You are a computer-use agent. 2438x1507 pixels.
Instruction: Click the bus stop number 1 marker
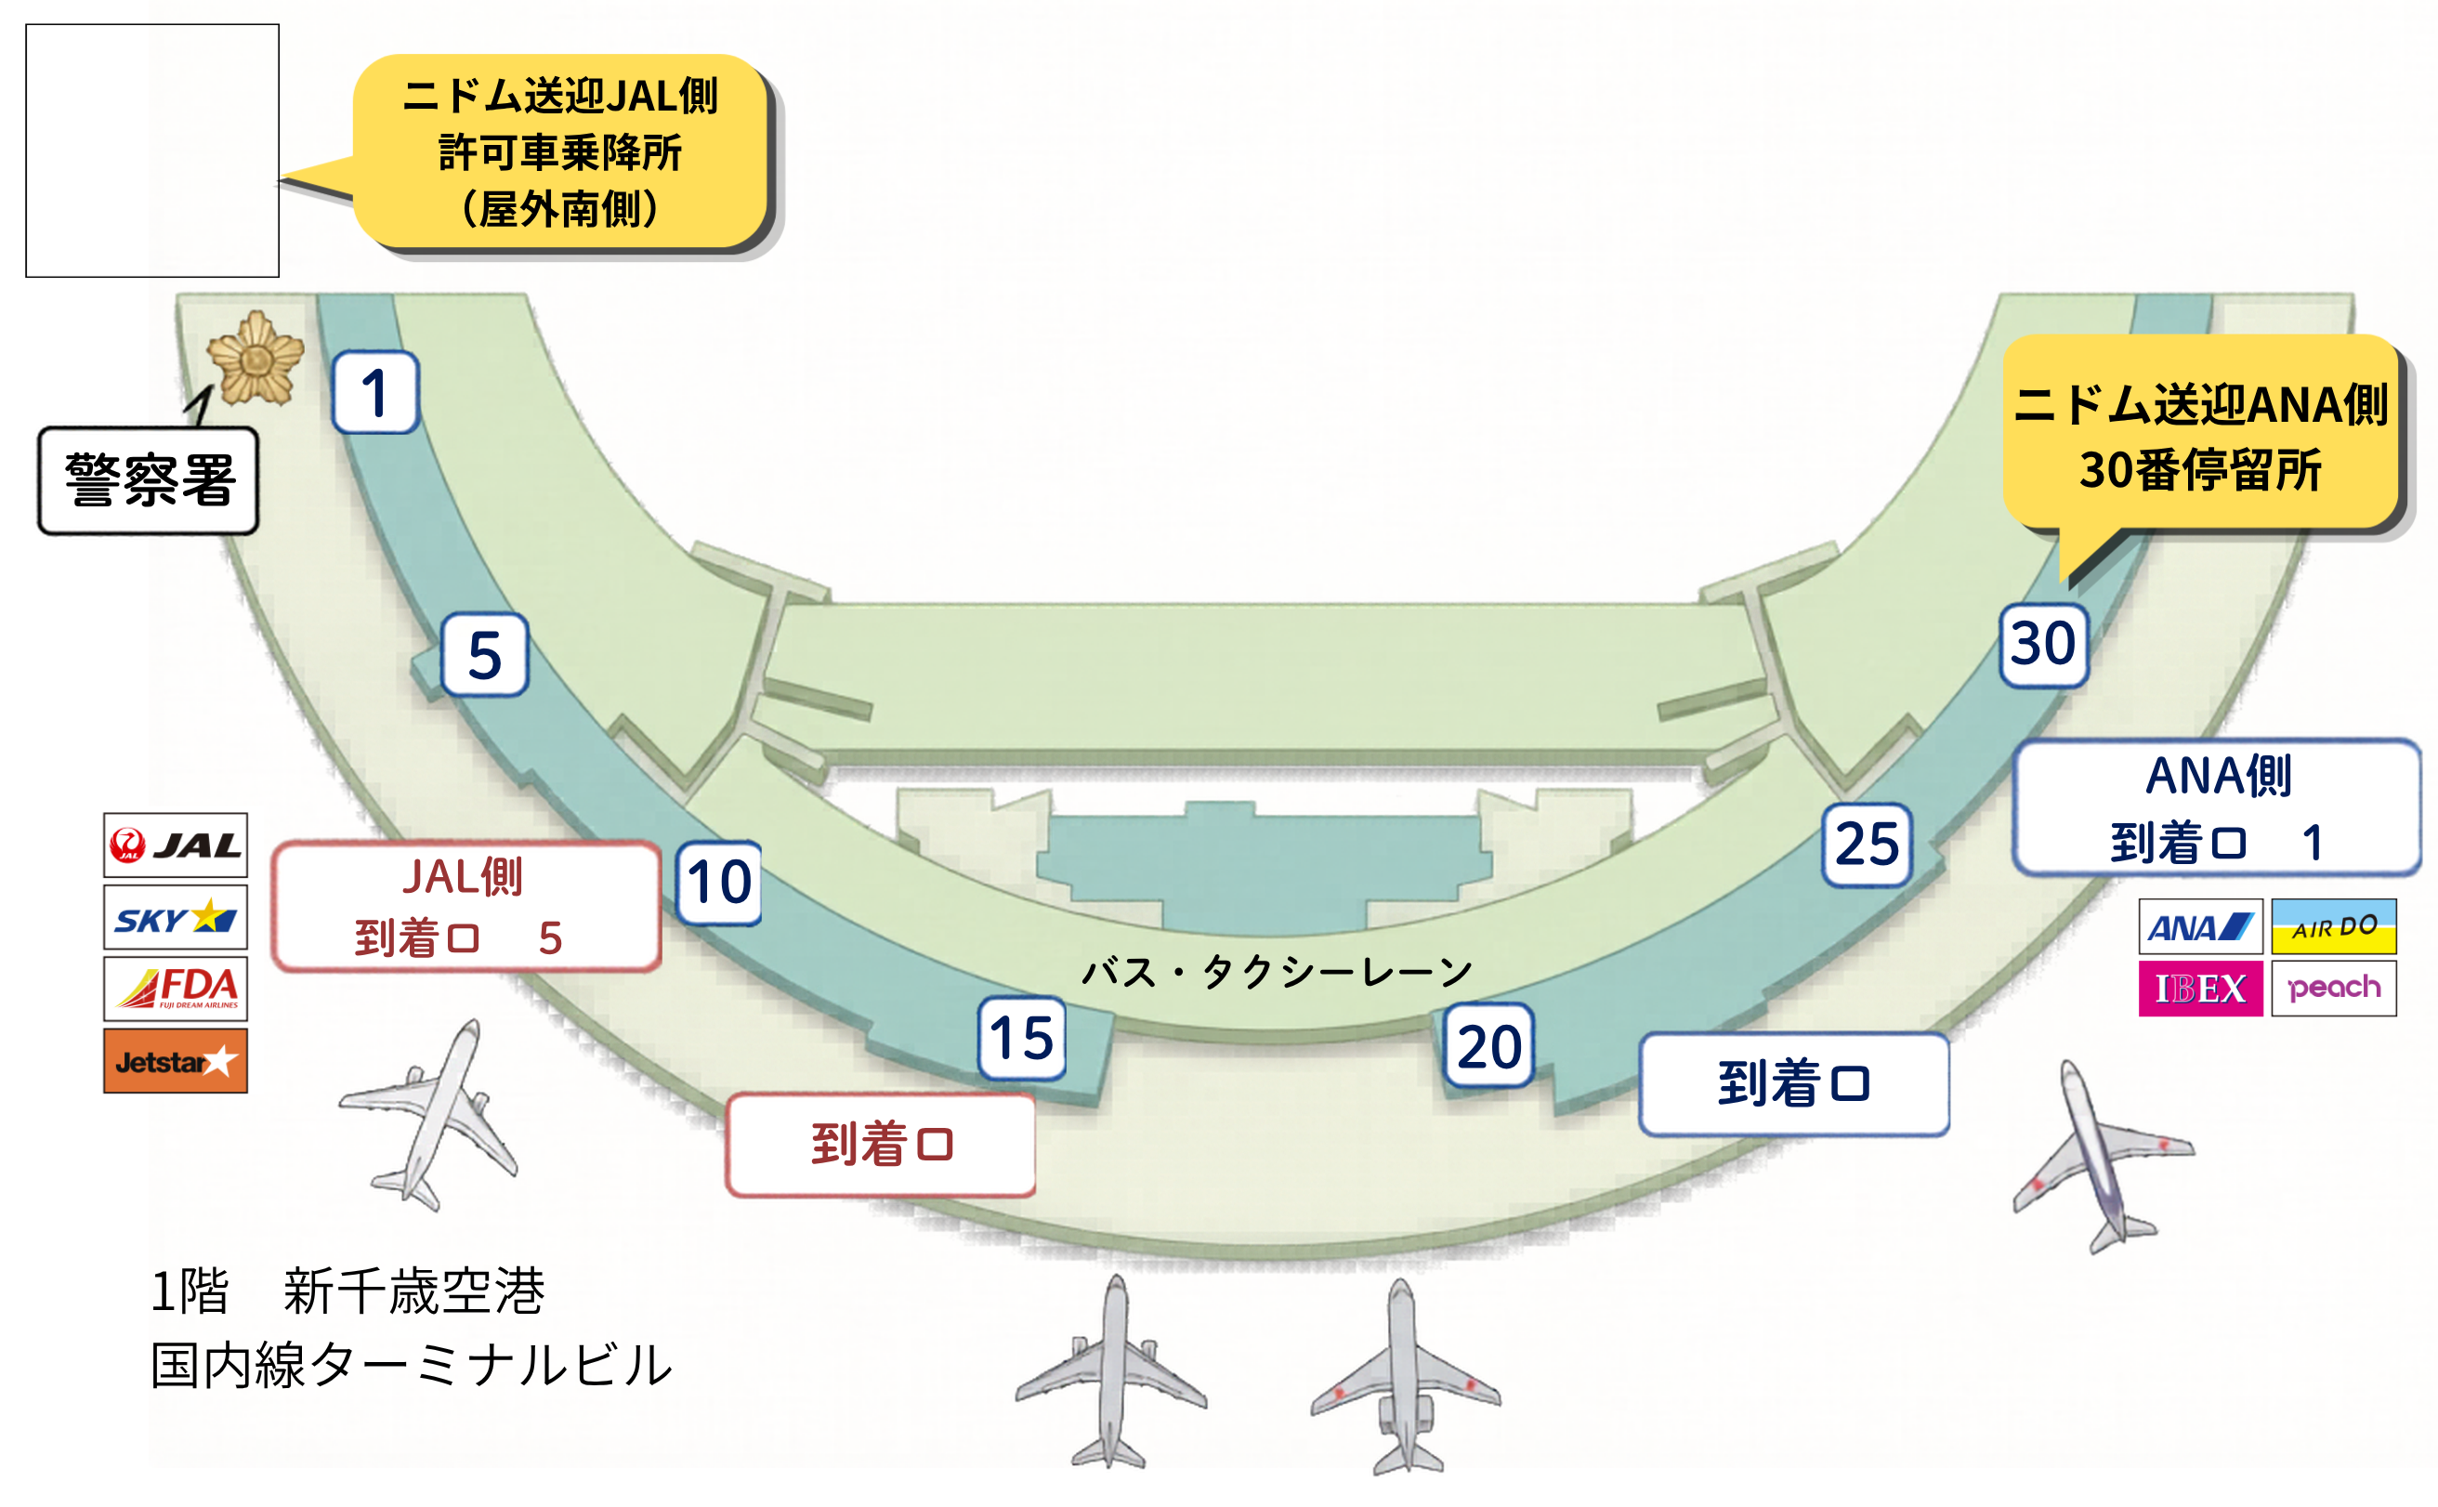(x=374, y=392)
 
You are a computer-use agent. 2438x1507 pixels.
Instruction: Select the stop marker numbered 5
(x=484, y=655)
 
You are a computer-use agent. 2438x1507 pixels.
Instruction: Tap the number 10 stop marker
(x=718, y=882)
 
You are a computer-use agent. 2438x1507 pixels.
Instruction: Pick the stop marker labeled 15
(x=1022, y=1038)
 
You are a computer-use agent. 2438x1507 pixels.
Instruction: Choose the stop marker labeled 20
(x=1489, y=1045)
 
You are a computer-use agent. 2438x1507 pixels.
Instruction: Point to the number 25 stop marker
(x=1867, y=845)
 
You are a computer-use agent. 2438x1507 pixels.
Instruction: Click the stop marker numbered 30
(x=2043, y=644)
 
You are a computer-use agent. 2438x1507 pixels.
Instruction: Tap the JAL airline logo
(x=176, y=845)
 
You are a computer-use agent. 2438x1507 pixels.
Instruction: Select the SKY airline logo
(x=176, y=917)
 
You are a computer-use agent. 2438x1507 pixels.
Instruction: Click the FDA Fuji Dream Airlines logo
(x=176, y=989)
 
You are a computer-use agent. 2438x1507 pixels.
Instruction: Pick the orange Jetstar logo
(x=176, y=1060)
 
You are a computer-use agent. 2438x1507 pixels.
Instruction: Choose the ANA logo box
(x=2201, y=927)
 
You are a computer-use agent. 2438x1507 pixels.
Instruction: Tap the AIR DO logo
(x=2334, y=927)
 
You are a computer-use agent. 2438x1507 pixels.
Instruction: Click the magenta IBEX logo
(x=2201, y=989)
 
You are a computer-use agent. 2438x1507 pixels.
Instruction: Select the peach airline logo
(x=2334, y=989)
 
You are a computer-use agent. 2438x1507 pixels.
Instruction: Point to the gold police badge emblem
(x=256, y=358)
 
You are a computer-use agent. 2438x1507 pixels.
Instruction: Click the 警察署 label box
(x=149, y=481)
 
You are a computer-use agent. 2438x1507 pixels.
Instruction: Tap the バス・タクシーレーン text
(x=1277, y=970)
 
